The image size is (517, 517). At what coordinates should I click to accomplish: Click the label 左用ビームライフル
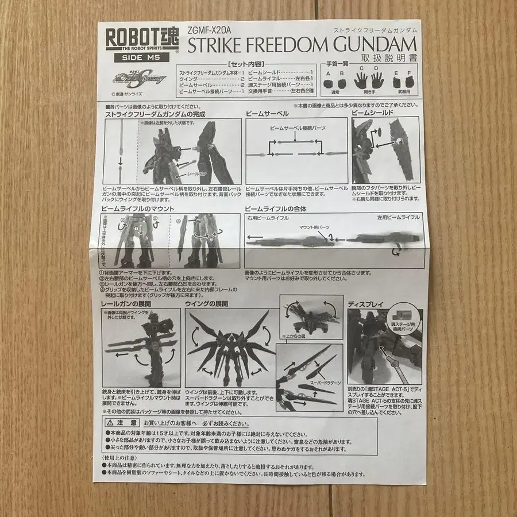pyautogui.click(x=399, y=218)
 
